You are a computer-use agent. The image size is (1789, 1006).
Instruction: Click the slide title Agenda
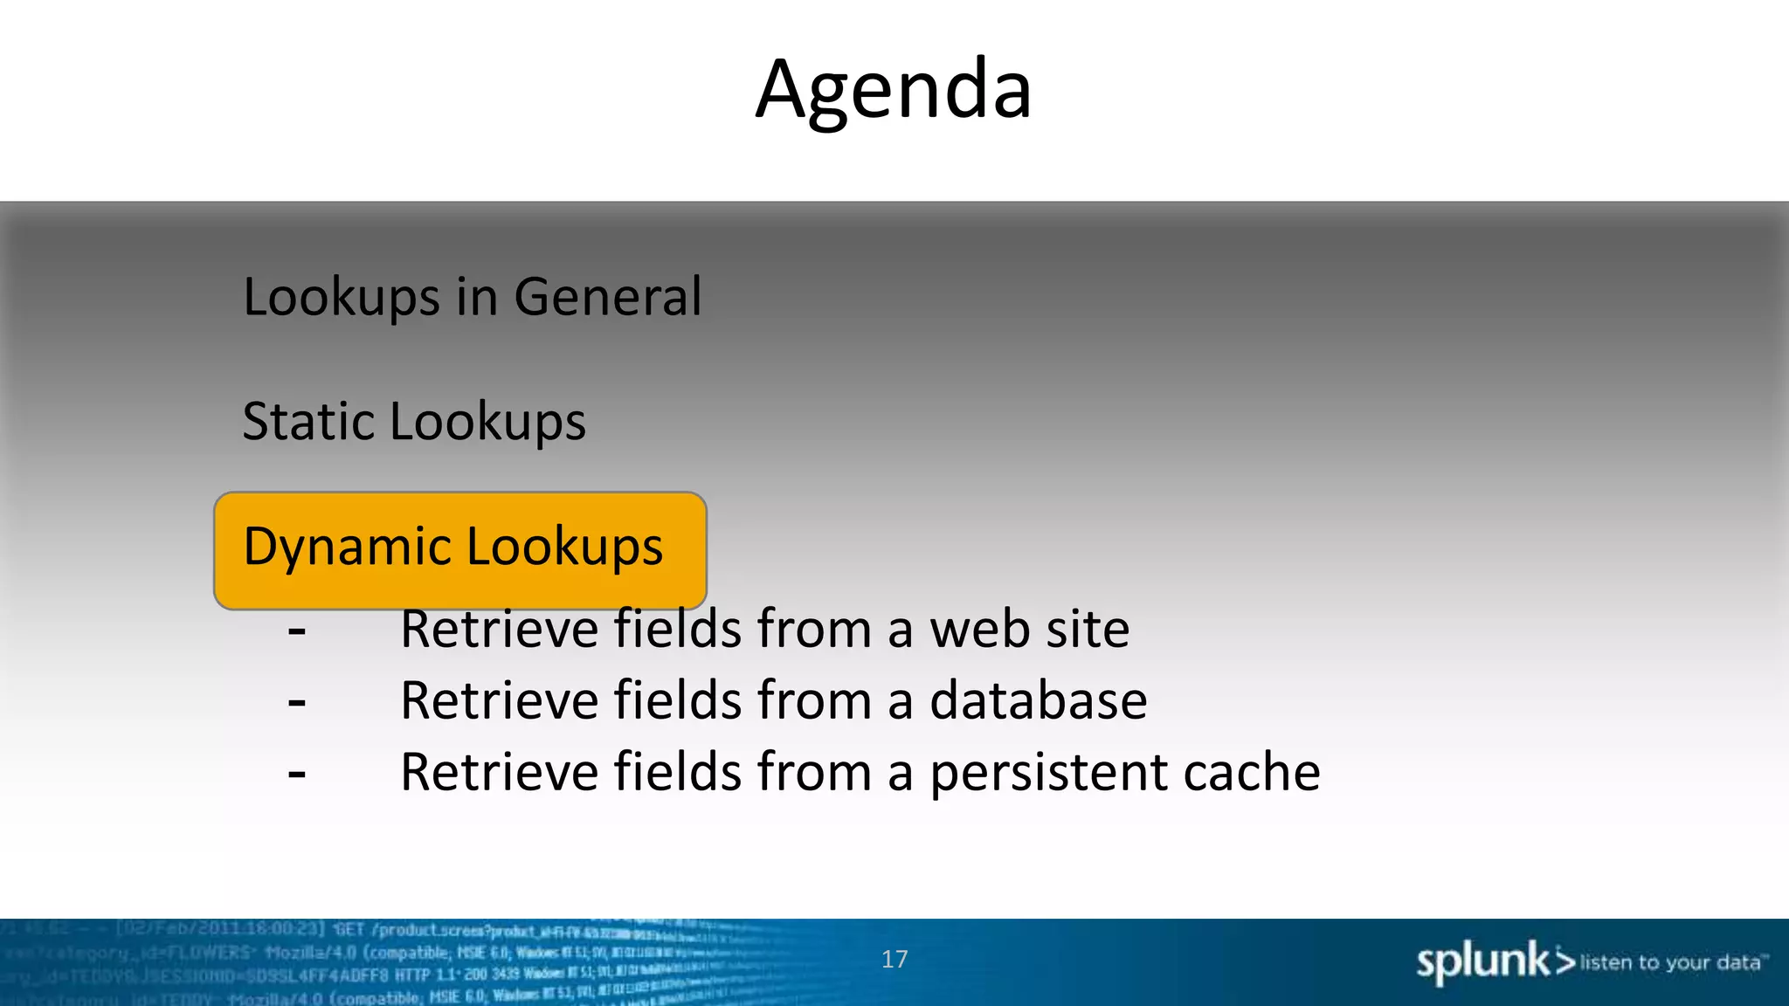click(894, 89)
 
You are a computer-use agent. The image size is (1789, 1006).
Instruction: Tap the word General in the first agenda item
click(607, 297)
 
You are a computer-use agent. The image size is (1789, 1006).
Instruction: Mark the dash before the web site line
click(297, 630)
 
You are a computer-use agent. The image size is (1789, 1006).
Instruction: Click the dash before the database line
click(297, 702)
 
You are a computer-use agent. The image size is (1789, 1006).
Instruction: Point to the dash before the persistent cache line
click(297, 774)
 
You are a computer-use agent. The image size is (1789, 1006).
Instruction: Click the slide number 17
click(894, 960)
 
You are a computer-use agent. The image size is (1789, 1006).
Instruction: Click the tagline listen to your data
click(1670, 962)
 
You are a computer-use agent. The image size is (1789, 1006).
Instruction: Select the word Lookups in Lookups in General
click(341, 297)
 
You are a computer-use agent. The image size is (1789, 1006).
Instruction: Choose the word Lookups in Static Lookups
click(487, 422)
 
